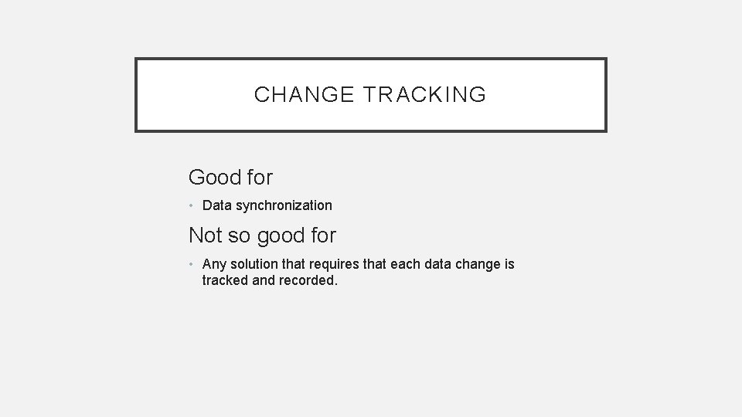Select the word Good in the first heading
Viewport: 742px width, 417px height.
(x=215, y=178)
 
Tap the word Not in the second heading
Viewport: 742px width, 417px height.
(x=205, y=236)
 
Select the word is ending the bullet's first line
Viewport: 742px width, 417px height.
(x=509, y=264)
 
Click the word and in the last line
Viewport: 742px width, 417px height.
(x=264, y=280)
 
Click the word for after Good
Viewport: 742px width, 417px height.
(x=260, y=178)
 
